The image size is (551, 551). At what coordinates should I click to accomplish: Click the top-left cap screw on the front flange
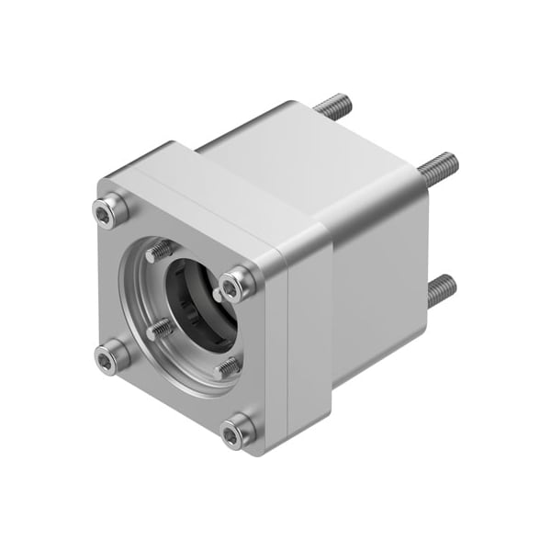coord(110,211)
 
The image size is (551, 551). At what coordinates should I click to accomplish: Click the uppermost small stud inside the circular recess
coord(161,249)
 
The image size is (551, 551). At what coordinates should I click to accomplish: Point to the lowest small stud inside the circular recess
coord(228,366)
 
